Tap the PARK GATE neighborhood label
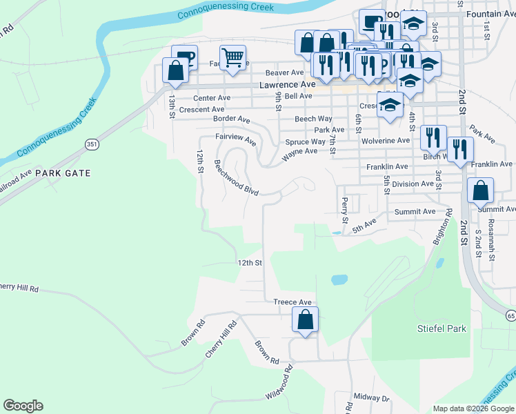[63, 173]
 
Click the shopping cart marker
[233, 59]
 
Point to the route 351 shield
[92, 144]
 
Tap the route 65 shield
[510, 315]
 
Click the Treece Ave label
[292, 302]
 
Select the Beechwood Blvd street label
[236, 178]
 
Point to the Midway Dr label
[371, 398]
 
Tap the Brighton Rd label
[443, 228]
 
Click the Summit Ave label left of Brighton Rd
[415, 211]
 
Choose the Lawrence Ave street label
[287, 84]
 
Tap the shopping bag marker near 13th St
[176, 71]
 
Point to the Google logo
[23, 406]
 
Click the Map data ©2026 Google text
[473, 408]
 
